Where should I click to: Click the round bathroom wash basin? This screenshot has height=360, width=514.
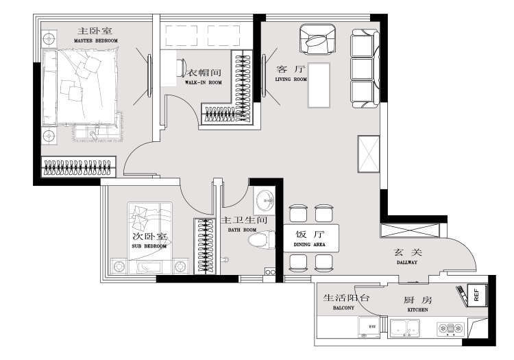tap(264, 202)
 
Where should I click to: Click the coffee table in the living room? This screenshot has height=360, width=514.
tap(319, 85)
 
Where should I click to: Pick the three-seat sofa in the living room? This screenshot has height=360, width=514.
tap(364, 69)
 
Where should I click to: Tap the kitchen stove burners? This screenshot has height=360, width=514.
tap(450, 331)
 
